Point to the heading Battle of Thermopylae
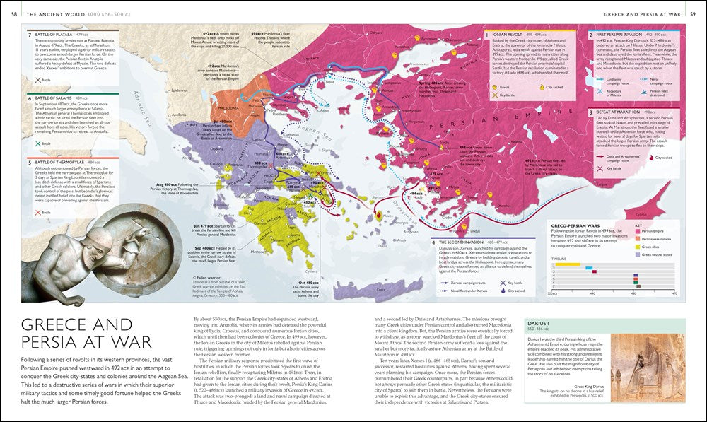[x=58, y=162]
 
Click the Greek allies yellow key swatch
[x=638, y=245]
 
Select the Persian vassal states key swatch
[x=638, y=238]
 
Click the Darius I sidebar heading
[x=537, y=322]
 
